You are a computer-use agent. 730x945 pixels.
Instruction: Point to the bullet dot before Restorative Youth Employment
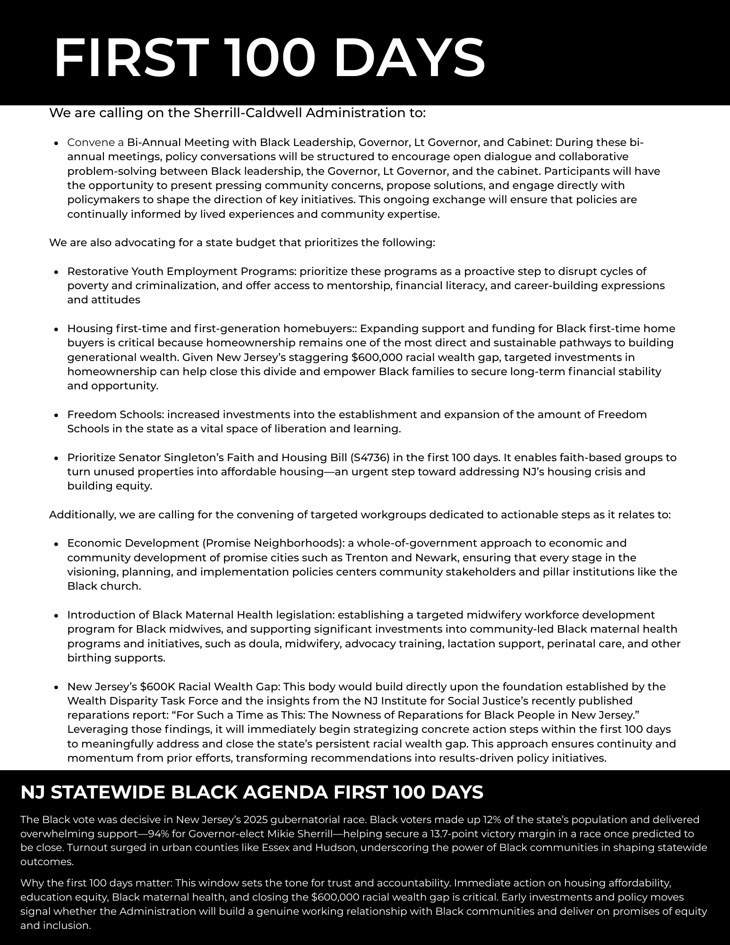[x=56, y=272]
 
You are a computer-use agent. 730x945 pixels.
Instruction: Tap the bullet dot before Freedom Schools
[x=56, y=415]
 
